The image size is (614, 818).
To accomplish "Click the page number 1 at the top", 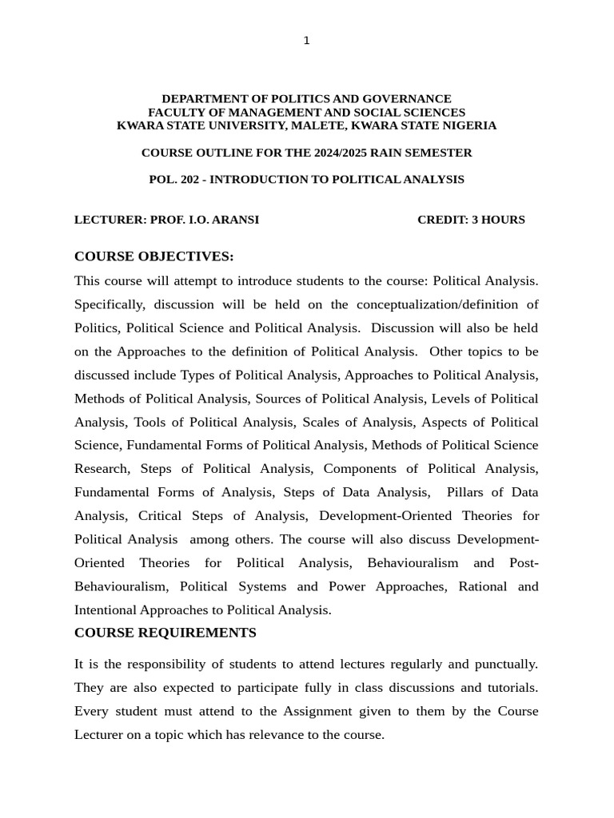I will (306, 41).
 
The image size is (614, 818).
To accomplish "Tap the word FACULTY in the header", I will (174, 113).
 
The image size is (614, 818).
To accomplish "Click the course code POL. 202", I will (173, 180).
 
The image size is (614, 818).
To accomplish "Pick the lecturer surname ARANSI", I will (234, 220).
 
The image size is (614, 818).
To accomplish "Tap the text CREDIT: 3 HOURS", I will (471, 220).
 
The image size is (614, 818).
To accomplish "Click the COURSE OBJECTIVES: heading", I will (153, 256).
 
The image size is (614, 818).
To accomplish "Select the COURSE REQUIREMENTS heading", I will (165, 633).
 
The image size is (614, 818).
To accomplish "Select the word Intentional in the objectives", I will (106, 610).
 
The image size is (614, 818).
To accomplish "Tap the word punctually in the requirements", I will (504, 664).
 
